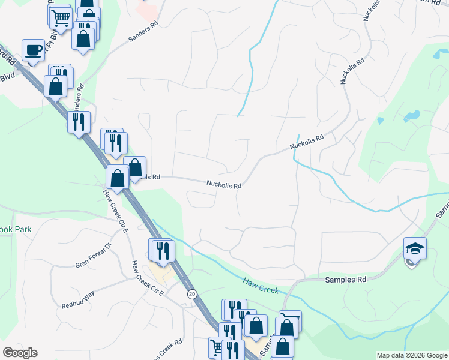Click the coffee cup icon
coord(33,49)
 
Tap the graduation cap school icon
coord(415,248)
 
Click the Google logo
coord(20,353)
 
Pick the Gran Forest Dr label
coord(94,255)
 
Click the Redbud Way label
coord(78,301)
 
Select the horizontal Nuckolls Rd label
coord(224,185)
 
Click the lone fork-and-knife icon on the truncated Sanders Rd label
coord(79,122)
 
